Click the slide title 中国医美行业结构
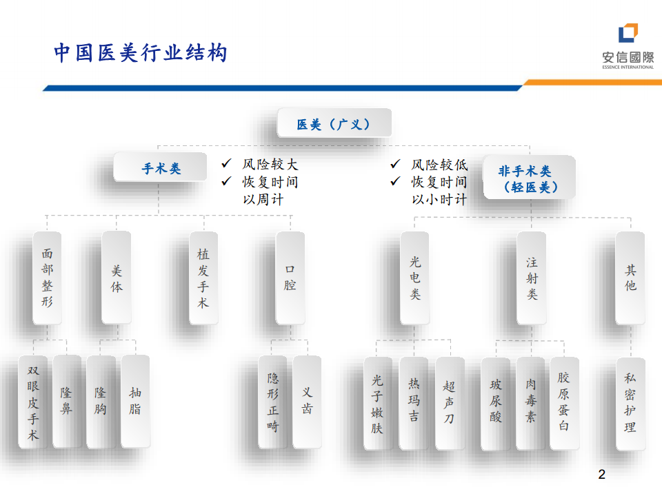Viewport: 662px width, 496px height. point(141,53)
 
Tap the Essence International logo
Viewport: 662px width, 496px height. point(628,45)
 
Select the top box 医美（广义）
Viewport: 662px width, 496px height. point(334,124)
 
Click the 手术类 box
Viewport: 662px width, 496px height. point(161,167)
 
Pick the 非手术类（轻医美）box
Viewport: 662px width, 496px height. point(530,178)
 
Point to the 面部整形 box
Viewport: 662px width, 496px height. point(47,278)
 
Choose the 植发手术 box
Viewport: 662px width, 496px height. point(203,278)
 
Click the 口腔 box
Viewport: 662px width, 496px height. point(290,278)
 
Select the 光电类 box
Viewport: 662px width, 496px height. point(414,278)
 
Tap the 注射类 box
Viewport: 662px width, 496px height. point(532,278)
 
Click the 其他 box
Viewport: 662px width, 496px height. point(630,278)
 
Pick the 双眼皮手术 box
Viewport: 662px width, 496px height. point(33,402)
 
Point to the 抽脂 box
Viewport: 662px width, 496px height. point(135,402)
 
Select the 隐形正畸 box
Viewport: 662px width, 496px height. point(273,402)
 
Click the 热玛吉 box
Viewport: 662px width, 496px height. point(414,402)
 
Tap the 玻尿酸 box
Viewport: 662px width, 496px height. point(496,402)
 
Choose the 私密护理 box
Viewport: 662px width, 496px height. point(630,402)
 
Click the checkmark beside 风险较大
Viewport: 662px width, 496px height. point(226,164)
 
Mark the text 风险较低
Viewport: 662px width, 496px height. point(439,165)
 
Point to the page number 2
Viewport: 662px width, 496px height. point(601,475)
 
